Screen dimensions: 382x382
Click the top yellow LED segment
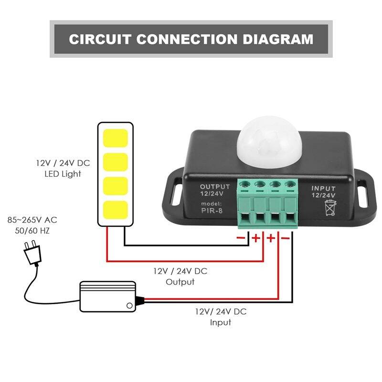click(x=115, y=138)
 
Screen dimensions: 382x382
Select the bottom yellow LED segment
click(x=115, y=210)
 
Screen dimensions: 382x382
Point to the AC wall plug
click(x=31, y=253)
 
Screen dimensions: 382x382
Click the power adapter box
click(x=107, y=297)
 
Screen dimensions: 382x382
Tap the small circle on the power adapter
click(x=128, y=306)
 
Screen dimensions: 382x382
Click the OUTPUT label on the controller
click(x=215, y=186)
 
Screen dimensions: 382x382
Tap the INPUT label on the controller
click(x=323, y=189)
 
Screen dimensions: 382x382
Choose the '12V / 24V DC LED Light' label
click(x=63, y=169)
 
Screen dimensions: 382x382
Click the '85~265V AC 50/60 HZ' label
click(x=32, y=225)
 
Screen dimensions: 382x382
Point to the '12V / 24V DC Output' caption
click(x=180, y=276)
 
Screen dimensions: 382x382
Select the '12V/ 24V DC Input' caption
click(x=221, y=317)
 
